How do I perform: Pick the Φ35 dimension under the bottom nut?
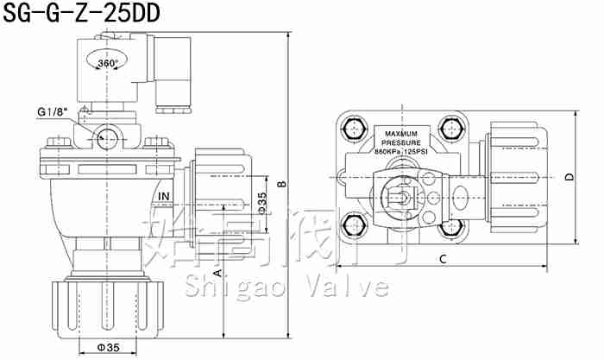108,347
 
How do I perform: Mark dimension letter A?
218,272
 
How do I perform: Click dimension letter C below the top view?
442,259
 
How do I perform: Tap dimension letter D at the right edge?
569,177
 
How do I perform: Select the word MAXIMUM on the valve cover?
401,134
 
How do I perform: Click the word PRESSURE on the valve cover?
401,142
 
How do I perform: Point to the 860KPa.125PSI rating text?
401,152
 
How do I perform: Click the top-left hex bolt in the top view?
353,130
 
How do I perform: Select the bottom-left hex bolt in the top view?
353,227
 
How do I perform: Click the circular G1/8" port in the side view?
104,136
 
